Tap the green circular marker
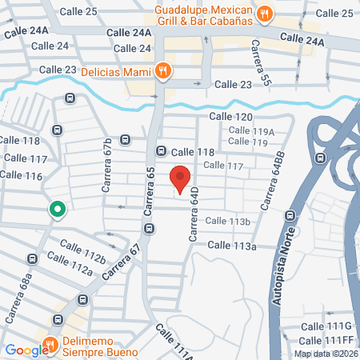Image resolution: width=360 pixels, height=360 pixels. [x=58, y=210]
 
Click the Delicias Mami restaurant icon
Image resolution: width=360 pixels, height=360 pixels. [x=163, y=70]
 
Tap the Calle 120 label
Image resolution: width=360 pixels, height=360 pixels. [x=230, y=117]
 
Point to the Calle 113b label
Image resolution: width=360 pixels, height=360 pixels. [x=229, y=221]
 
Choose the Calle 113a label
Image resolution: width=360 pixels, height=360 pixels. [x=232, y=246]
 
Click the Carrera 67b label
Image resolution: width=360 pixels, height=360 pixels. [x=107, y=166]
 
